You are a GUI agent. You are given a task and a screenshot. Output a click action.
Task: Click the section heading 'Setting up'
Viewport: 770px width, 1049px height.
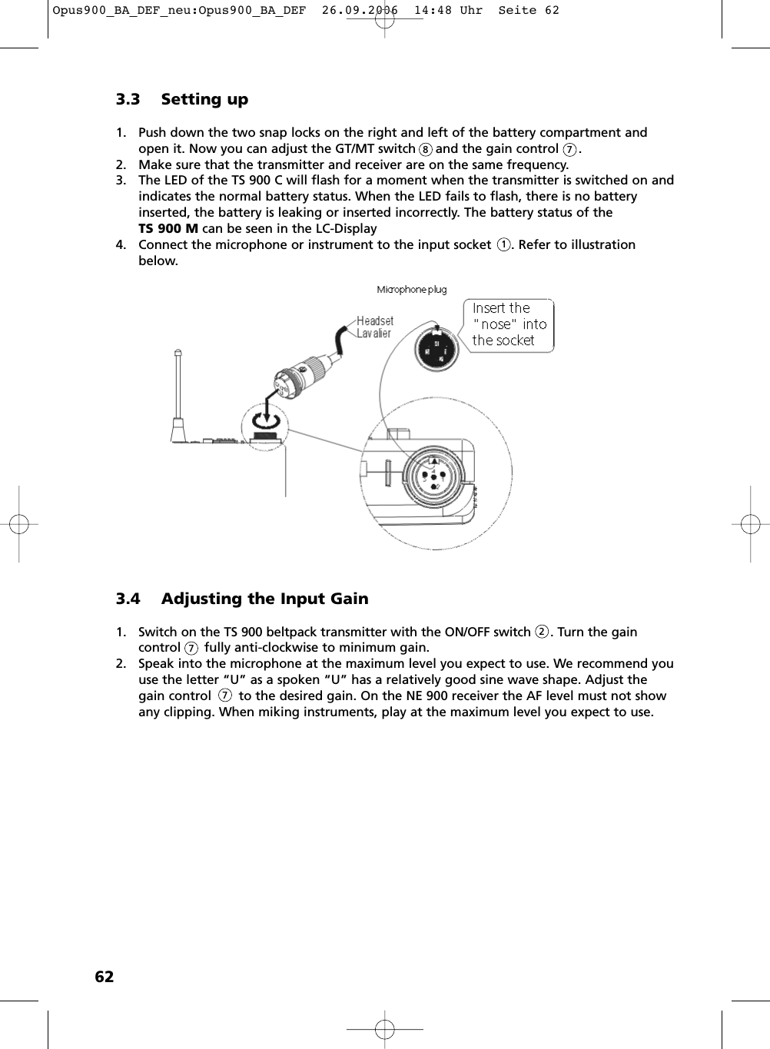(204, 99)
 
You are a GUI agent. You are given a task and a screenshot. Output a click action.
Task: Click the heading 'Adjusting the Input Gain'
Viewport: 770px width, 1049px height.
(264, 599)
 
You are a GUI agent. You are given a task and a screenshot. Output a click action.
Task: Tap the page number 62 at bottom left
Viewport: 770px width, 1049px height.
(104, 977)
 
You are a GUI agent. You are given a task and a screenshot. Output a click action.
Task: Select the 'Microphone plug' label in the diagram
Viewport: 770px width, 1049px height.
(411, 290)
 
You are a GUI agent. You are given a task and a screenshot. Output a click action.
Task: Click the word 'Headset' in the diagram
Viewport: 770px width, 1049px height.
(375, 321)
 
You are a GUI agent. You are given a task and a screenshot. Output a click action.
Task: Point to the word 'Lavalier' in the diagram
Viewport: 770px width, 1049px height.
(373, 334)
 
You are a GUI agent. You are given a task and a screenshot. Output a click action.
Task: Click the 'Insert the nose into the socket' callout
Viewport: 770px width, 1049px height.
(508, 324)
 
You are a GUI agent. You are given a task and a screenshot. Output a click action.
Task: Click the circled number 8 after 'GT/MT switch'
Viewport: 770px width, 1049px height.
(425, 149)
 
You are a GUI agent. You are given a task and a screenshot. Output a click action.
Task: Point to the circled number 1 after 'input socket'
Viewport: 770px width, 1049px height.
(503, 245)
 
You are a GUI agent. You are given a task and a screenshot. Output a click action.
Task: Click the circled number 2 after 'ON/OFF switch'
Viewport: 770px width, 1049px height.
(542, 632)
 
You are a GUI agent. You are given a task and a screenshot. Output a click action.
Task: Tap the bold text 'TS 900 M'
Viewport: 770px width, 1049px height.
(168, 228)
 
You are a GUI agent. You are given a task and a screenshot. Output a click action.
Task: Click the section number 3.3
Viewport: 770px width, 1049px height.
(128, 99)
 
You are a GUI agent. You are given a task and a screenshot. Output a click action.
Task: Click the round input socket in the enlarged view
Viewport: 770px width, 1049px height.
(433, 475)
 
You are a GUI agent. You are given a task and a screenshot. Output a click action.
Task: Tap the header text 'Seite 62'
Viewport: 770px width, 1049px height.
(529, 11)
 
